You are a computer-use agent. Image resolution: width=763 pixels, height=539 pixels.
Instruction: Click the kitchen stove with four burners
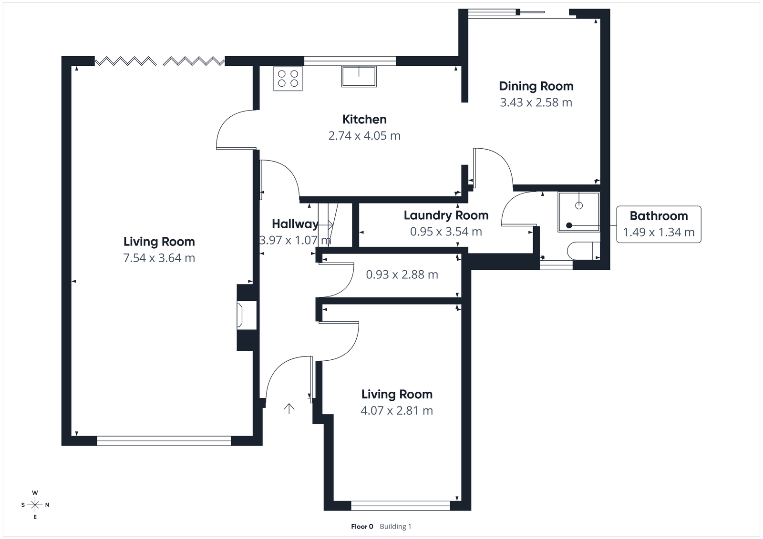288,79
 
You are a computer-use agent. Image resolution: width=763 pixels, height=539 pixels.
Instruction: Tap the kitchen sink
359,77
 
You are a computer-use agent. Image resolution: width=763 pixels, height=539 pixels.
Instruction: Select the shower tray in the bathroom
578,212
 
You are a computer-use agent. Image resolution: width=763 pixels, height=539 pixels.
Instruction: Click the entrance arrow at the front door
289,408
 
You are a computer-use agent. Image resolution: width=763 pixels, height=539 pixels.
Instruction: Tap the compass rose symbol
35,505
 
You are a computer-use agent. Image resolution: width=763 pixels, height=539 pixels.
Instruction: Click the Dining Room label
536,86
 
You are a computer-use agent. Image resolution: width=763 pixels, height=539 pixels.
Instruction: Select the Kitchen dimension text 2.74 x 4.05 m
364,136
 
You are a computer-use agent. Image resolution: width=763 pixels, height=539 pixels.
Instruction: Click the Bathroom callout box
659,224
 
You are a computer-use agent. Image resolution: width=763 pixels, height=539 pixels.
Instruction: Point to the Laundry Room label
446,215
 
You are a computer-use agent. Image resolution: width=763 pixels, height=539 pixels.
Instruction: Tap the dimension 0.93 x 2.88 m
402,275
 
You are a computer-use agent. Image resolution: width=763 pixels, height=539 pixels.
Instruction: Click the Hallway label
295,224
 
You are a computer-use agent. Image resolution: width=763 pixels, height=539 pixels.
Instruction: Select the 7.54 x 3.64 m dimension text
159,258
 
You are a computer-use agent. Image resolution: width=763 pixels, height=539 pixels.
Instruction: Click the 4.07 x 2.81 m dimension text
397,410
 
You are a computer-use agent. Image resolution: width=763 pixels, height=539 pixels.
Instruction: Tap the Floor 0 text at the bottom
362,527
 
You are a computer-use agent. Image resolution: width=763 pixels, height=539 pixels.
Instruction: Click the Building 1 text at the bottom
395,527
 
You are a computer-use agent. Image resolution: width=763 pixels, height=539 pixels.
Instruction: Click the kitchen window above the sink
350,61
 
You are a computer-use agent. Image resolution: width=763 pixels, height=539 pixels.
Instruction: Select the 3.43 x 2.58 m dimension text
536,102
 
